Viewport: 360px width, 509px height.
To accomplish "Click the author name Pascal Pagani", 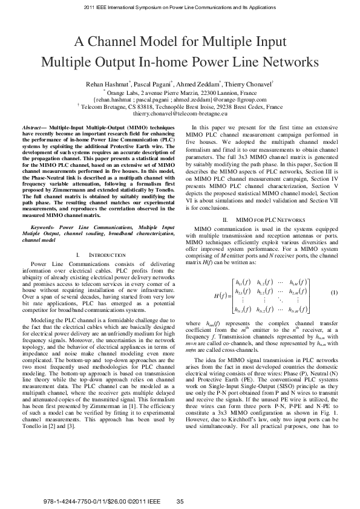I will [x=151, y=83].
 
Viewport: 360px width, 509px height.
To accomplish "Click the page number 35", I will [x=180, y=501].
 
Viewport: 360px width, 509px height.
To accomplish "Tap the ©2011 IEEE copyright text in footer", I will [x=137, y=501].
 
